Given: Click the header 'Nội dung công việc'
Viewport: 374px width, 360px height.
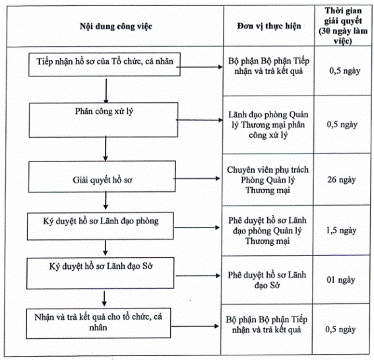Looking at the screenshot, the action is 116,26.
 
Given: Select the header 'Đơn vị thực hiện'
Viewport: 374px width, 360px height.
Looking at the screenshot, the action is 269,26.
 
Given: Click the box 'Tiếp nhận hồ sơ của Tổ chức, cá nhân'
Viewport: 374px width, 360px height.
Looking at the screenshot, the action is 104,65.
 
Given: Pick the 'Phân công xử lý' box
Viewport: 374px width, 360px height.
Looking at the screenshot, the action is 104,120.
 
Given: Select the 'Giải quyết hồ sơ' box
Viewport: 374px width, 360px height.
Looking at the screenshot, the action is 102,177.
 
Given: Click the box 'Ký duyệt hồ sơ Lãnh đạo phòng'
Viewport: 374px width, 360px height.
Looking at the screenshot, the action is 100,226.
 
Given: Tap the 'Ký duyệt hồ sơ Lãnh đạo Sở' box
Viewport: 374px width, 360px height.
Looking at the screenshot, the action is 100,273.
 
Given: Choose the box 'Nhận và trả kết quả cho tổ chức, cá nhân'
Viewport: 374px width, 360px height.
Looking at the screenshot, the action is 98,324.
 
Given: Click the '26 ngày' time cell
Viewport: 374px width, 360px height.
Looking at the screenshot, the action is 341,179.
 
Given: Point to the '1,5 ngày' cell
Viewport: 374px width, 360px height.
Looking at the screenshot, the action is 341,230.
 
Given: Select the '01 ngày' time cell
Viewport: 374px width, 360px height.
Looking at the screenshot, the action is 341,280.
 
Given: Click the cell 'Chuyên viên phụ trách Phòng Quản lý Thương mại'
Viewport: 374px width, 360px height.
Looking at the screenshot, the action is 268,180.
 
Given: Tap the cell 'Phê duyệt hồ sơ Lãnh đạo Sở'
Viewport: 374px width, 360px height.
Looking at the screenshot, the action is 267,280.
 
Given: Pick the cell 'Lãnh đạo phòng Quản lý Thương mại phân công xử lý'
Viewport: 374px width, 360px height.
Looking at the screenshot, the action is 268,125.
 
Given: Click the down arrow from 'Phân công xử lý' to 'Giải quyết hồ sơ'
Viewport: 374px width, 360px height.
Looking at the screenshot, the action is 106,148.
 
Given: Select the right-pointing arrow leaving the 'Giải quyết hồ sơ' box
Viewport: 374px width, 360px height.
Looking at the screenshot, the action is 197,178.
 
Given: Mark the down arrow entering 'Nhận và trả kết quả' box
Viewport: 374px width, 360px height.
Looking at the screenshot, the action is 104,298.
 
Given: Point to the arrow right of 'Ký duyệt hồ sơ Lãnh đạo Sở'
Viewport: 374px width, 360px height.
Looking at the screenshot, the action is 198,276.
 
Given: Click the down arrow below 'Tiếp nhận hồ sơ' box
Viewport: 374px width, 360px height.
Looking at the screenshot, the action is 106,91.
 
